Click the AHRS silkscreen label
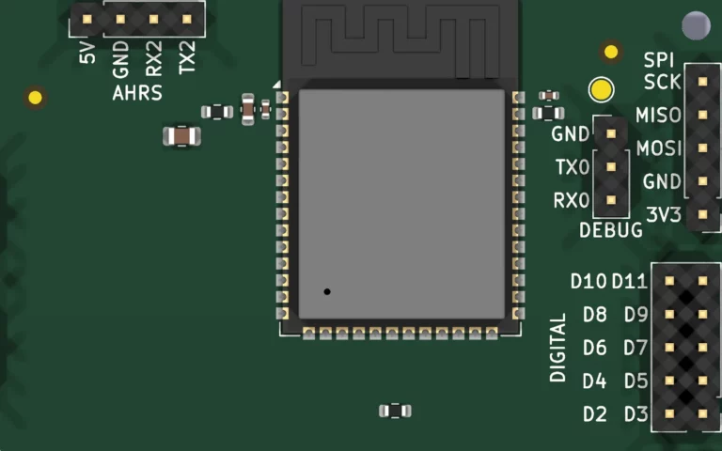[x=137, y=93]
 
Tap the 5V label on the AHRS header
[x=87, y=53]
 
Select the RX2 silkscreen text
[x=154, y=58]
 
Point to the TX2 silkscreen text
[x=187, y=57]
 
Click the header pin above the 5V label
[x=87, y=20]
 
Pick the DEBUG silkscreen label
[x=610, y=230]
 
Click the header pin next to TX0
[x=611, y=166]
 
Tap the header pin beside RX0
[x=611, y=200]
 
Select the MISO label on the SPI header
[x=658, y=115]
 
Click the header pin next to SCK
[x=702, y=82]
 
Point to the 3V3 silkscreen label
[x=664, y=215]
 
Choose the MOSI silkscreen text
[x=659, y=148]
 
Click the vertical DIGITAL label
[x=558, y=348]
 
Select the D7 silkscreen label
[x=636, y=348]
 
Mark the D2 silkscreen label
[x=595, y=414]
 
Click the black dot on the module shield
[x=327, y=292]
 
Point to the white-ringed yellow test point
[x=601, y=89]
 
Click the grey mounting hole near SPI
[x=696, y=25]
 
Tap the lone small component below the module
[x=395, y=411]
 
